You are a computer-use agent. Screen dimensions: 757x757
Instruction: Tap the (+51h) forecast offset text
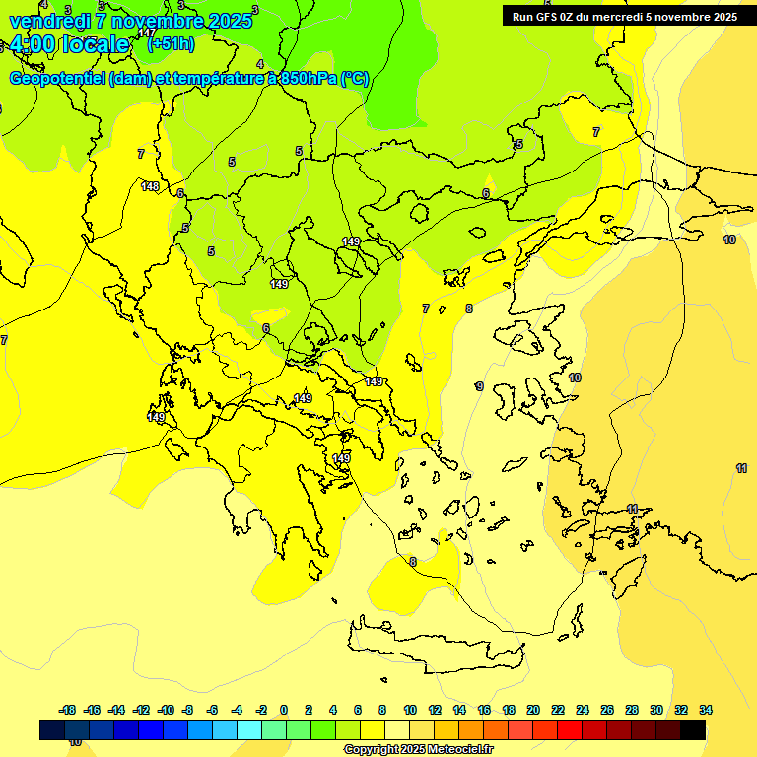171,44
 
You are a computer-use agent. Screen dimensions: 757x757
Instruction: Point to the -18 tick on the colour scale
67,710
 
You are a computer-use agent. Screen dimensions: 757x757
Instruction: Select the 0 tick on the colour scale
284,710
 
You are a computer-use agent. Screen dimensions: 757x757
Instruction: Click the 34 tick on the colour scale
706,710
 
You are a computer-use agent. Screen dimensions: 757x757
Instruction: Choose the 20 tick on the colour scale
533,710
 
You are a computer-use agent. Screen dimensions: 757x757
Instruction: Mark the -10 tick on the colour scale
166,710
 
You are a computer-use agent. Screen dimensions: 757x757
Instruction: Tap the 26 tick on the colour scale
607,710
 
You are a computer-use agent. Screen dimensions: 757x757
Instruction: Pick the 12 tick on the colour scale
435,710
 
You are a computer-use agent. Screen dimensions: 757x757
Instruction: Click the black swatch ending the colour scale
693,729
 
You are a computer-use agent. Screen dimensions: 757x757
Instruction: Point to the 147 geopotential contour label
146,34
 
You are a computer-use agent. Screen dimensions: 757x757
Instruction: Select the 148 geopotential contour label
150,186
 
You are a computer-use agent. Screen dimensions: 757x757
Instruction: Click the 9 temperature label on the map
480,387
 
